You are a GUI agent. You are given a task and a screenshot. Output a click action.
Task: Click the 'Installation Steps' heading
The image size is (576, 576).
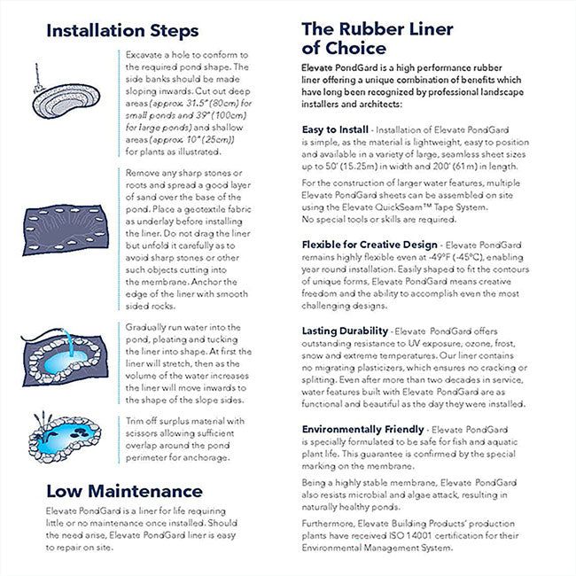[x=121, y=31]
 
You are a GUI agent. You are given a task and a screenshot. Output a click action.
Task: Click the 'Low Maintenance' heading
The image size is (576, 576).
[x=123, y=491]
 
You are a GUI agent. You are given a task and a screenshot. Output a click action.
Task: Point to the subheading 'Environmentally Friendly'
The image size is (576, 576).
[x=362, y=429]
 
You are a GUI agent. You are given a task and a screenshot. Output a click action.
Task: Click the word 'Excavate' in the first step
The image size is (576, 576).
[x=146, y=54]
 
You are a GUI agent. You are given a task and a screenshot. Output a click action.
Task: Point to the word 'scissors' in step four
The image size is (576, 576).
[x=147, y=433]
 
